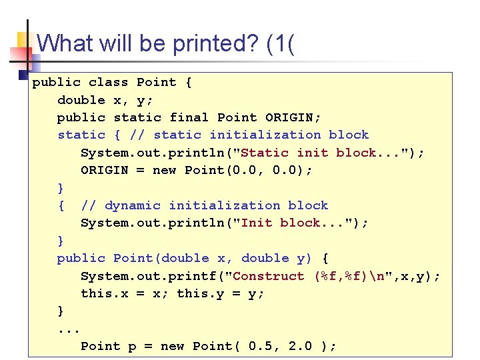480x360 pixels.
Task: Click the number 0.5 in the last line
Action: click(261, 346)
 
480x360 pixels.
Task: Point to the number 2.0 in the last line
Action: click(301, 346)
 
